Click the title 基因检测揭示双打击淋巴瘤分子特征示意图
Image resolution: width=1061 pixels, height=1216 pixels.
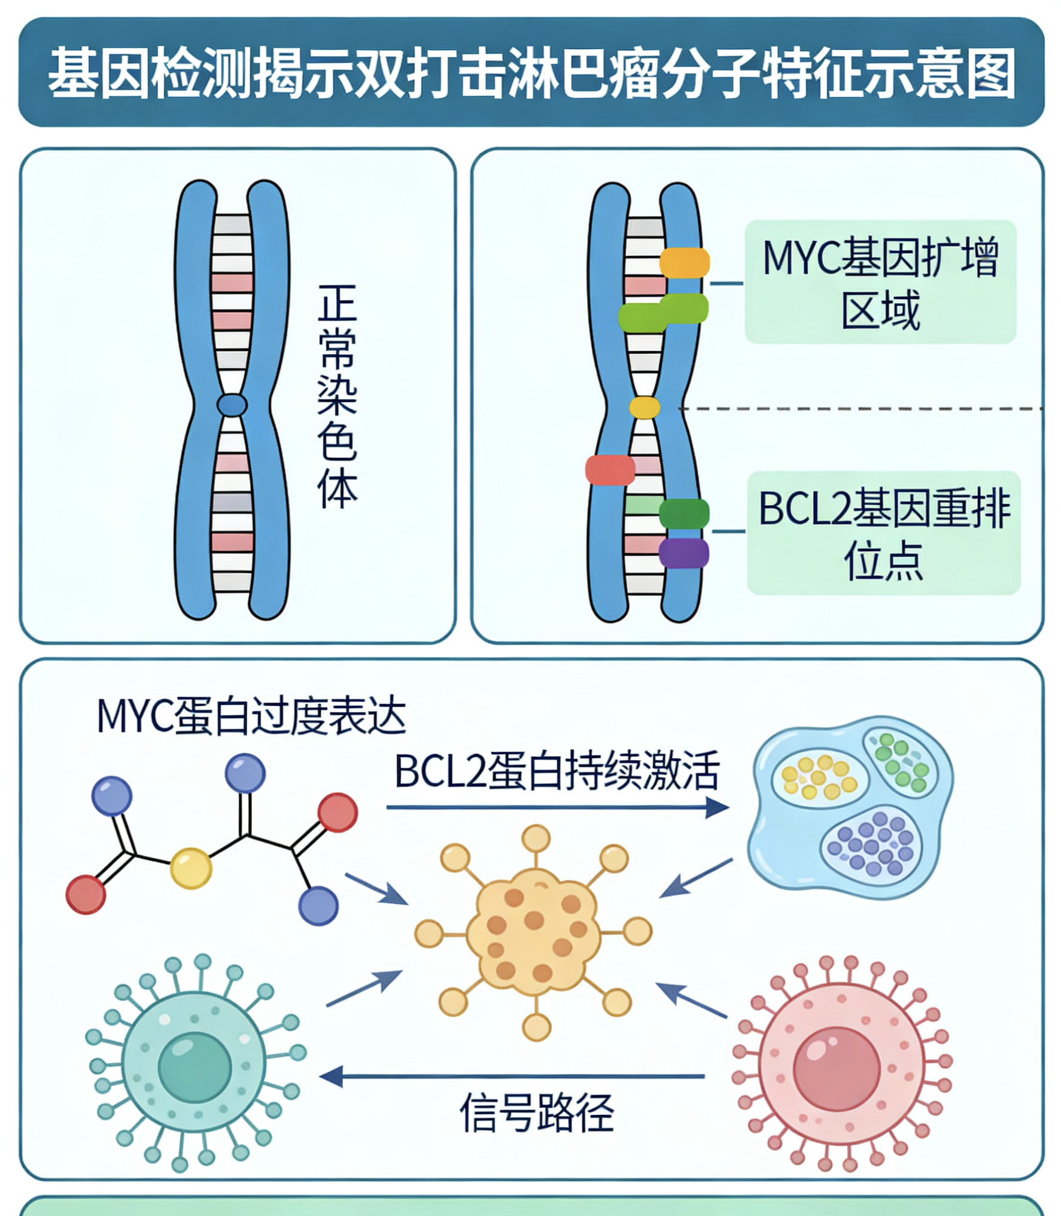coord(531,73)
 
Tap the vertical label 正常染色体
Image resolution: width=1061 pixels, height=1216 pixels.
coord(338,396)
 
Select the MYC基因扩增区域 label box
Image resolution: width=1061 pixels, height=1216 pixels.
coord(880,282)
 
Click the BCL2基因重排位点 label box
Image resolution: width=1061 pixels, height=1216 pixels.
coord(884,533)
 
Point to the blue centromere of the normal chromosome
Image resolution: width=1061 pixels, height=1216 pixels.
coord(232,405)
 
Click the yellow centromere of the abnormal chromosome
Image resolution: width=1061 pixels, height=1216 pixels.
coord(644,408)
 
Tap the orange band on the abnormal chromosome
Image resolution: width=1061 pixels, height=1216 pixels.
coord(685,263)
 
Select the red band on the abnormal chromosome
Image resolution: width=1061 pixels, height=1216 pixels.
coord(610,470)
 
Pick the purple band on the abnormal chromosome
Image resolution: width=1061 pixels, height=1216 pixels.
coord(684,553)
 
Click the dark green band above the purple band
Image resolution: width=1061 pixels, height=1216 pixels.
coord(684,514)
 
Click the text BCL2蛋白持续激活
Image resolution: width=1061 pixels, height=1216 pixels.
coord(557,771)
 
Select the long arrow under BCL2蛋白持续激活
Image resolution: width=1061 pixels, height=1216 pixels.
coord(558,807)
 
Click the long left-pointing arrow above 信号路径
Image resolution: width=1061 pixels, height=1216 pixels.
coord(512,1077)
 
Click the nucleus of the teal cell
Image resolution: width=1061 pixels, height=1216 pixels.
coord(194,1068)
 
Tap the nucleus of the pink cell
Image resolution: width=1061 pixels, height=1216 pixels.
coord(837,1069)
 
